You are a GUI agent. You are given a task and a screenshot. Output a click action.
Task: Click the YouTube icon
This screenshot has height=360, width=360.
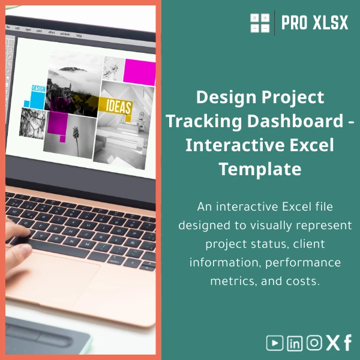click(x=275, y=343)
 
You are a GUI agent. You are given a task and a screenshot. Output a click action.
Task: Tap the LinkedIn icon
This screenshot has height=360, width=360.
click(x=295, y=343)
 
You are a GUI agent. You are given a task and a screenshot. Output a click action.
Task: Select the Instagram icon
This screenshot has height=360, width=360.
click(x=314, y=343)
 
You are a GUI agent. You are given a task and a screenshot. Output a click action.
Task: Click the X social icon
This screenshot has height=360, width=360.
click(x=332, y=343)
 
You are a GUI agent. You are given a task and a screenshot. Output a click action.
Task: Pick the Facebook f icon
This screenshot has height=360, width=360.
click(x=347, y=343)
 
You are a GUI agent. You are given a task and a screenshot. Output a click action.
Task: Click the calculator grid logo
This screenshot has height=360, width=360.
click(x=260, y=23)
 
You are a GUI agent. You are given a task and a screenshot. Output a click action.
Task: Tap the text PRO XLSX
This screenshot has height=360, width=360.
click(x=314, y=23)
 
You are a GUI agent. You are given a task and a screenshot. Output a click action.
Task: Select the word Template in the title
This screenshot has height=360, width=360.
click(x=260, y=169)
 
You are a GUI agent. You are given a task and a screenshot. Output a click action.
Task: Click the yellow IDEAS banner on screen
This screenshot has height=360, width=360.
click(x=119, y=106)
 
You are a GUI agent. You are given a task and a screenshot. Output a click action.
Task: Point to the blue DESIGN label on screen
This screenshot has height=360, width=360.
click(x=38, y=88)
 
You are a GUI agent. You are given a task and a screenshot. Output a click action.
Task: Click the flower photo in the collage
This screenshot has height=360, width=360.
click(x=76, y=136)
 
